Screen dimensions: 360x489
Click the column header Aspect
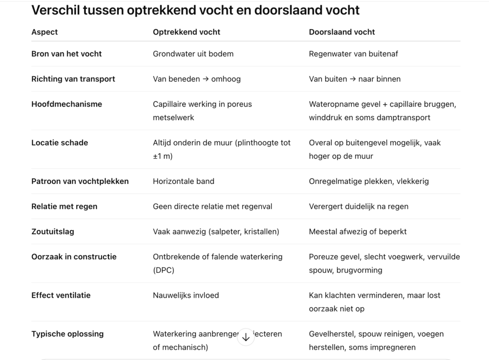coord(44,32)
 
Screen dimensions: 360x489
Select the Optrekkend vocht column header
coord(186,32)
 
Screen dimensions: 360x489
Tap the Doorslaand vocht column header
coord(342,32)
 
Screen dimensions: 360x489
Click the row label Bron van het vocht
coord(66,54)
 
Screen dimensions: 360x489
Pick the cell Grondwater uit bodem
coord(193,54)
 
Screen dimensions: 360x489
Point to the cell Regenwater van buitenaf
coord(353,54)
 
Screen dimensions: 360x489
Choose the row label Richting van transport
coord(73,79)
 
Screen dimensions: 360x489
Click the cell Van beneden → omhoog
coord(197,79)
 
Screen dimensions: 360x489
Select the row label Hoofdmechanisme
coord(66,104)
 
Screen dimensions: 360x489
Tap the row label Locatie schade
coord(60,143)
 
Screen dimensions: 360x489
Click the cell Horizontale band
coord(183,181)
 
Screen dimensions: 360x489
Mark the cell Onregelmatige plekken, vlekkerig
coord(369,181)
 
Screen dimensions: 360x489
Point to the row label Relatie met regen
coord(64,207)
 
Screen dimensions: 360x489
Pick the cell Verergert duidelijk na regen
coord(359,207)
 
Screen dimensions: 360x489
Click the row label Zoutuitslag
coord(53,232)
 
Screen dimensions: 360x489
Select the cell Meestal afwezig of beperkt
coord(358,232)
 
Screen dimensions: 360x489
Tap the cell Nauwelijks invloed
coord(186,296)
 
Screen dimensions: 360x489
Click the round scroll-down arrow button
coord(246,337)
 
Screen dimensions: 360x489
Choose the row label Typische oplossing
coord(67,334)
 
